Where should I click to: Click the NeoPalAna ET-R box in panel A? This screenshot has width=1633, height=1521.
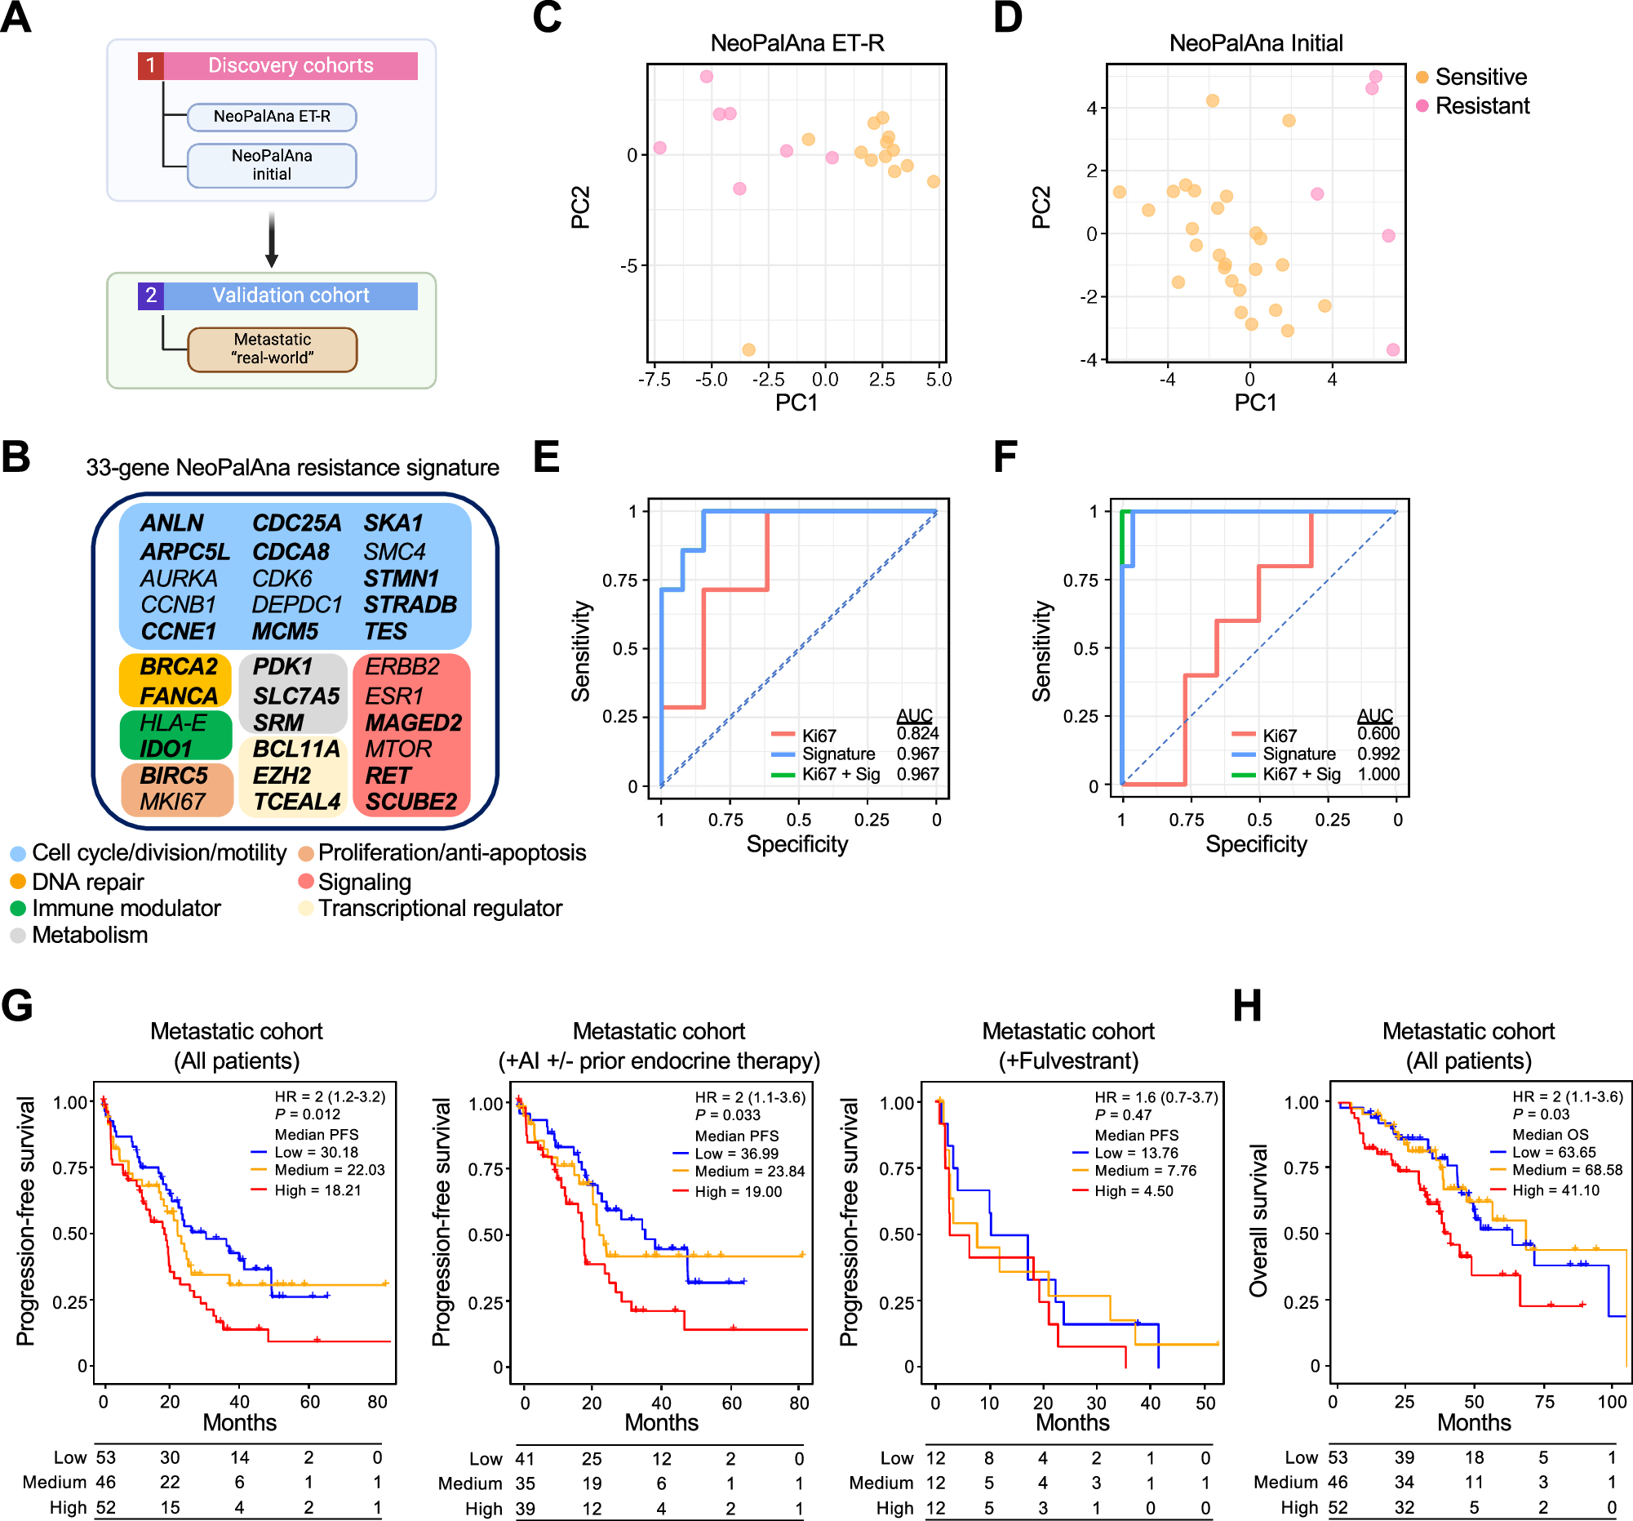coord(272,117)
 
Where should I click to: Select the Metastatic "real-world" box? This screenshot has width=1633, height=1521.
coord(272,349)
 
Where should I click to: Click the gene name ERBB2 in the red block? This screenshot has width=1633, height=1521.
coord(402,666)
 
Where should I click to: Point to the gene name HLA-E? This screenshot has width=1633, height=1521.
coord(173,723)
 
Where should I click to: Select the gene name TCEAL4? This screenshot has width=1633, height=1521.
coord(296,801)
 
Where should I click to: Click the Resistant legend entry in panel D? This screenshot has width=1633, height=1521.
coord(1481,106)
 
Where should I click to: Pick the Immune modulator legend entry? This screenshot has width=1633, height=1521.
coord(125,908)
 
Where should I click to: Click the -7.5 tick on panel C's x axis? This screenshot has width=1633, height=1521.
coord(654,380)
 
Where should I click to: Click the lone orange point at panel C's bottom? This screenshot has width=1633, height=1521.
coord(748,350)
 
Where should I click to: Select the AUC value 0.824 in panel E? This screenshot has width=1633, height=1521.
coord(916,734)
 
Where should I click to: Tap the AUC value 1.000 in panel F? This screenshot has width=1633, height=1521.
coord(1378,774)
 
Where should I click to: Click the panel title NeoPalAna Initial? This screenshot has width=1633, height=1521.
coord(1255,42)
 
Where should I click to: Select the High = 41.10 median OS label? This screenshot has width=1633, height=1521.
coord(1555,1190)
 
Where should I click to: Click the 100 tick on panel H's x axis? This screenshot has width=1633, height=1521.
coord(1612,1402)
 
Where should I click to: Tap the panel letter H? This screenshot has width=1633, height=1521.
coord(1246,1006)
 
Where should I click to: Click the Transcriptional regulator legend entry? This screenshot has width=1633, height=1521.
coord(439,908)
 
